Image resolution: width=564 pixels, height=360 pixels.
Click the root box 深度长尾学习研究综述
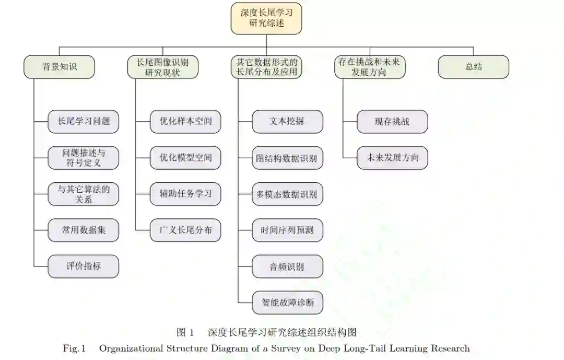[266, 18]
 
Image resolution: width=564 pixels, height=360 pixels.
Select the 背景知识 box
[60, 67]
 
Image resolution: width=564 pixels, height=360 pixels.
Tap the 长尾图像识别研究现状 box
[163, 67]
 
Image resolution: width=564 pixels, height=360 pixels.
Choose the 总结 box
[473, 67]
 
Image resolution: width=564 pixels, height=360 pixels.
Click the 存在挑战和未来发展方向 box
[370, 67]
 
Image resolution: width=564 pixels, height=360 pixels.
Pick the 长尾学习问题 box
[84, 121]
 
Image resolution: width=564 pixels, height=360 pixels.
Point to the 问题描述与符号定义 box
[84, 158]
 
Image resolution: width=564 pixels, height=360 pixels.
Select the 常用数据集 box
[84, 230]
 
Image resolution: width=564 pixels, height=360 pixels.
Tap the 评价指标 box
[84, 266]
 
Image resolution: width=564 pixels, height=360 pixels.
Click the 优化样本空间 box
[186, 121]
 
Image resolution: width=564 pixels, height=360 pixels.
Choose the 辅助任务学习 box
[186, 194]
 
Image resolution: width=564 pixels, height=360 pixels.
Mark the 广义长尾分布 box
[186, 230]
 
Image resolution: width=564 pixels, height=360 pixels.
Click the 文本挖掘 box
[287, 122]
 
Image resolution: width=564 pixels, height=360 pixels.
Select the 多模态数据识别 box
[287, 194]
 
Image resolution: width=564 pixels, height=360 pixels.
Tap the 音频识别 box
[287, 267]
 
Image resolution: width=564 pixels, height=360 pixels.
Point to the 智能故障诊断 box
[287, 303]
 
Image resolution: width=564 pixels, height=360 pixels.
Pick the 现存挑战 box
[392, 122]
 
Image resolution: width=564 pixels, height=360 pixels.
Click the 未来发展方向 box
[392, 158]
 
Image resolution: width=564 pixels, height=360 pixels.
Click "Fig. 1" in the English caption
[74, 349]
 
